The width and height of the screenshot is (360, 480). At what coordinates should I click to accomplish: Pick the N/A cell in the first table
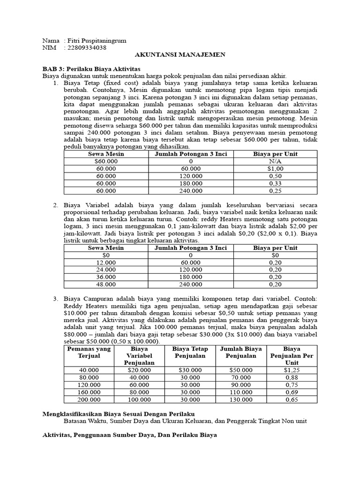coord(275,161)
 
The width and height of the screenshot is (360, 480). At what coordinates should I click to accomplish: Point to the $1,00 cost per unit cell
coord(275,168)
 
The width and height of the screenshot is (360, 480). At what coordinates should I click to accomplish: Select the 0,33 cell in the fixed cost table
coord(275,183)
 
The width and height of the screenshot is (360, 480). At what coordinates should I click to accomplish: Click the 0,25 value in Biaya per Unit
coord(275,191)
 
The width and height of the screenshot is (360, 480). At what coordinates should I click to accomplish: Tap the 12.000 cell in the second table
coord(106,262)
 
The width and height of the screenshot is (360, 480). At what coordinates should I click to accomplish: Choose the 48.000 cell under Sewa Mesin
coord(106,284)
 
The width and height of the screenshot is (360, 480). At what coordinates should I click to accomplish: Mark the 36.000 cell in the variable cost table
coord(106,277)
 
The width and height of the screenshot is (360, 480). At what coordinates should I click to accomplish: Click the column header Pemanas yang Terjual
coord(89,352)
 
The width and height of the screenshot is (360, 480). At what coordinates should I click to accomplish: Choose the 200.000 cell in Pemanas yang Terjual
coord(89,399)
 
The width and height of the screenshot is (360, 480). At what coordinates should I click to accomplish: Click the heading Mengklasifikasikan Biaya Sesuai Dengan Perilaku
coord(118,414)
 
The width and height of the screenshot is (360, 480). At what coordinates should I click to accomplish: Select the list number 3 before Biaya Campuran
coord(55,299)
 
